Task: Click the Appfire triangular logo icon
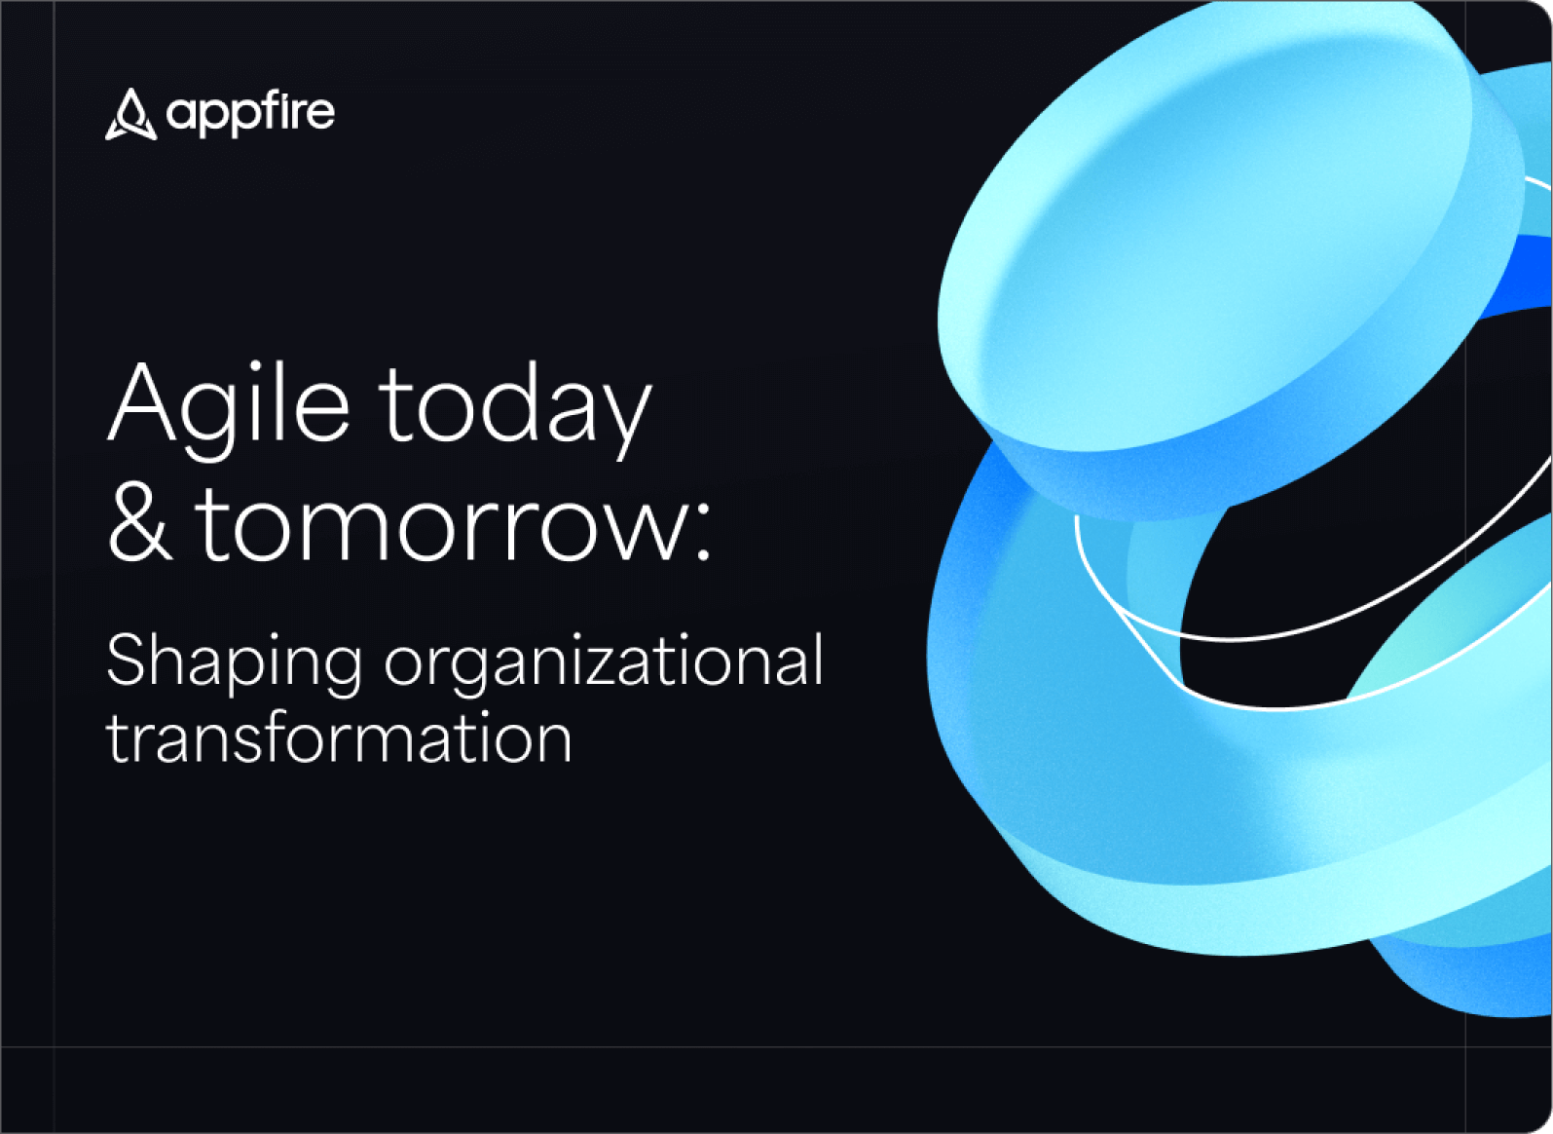(130, 115)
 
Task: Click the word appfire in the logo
(250, 114)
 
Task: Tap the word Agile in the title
(228, 405)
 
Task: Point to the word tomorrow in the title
(442, 526)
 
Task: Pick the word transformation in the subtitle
(339, 738)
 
